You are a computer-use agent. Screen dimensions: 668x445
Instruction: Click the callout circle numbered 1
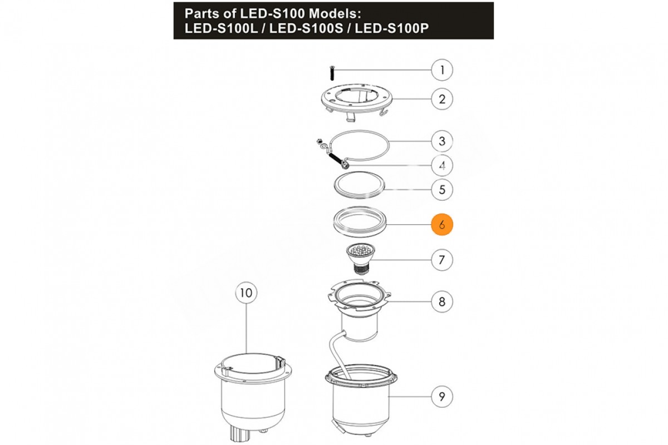pyautogui.click(x=442, y=70)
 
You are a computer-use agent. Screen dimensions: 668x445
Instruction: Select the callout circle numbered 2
pyautogui.click(x=442, y=99)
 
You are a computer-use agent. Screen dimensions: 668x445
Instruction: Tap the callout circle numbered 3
pyautogui.click(x=442, y=141)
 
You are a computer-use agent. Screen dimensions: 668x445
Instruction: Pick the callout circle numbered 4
pyautogui.click(x=442, y=165)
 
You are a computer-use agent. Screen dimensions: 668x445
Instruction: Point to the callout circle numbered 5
pyautogui.click(x=442, y=190)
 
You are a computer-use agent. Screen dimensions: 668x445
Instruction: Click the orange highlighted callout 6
pyautogui.click(x=442, y=224)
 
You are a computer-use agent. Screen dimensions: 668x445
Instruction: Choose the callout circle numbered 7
pyautogui.click(x=442, y=260)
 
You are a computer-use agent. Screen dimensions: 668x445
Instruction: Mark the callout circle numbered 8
pyautogui.click(x=442, y=301)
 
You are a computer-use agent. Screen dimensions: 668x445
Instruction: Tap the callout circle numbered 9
pyautogui.click(x=442, y=397)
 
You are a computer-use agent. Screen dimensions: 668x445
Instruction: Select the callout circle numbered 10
pyautogui.click(x=246, y=293)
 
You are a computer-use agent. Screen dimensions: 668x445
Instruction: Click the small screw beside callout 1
pyautogui.click(x=332, y=73)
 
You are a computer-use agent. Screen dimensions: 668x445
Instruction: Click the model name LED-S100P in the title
pyautogui.click(x=391, y=28)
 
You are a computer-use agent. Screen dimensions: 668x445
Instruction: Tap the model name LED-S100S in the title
pyautogui.click(x=306, y=28)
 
